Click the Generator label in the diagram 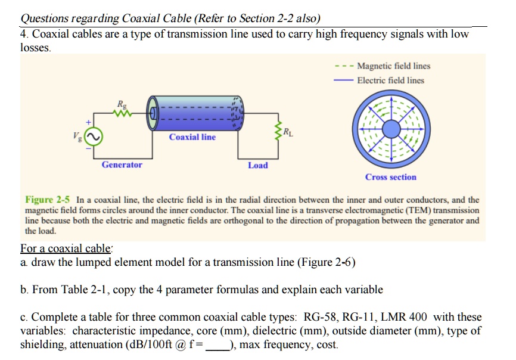122,165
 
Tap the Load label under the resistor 258,165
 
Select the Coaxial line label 192,137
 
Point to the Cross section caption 391,177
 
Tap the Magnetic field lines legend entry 393,66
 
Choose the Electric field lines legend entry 391,80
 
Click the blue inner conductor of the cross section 391,127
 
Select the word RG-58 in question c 321,317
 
